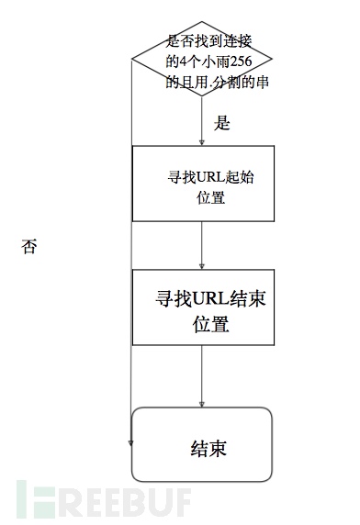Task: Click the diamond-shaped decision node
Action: click(201, 61)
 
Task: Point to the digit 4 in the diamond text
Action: click(184, 61)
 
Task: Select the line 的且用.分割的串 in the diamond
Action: click(216, 82)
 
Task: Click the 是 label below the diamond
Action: click(220, 122)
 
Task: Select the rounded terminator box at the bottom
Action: click(202, 444)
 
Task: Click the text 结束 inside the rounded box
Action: click(208, 449)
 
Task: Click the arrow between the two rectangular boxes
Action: click(202, 245)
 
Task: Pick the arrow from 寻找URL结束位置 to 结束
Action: click(202, 376)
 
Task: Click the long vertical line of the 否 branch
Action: click(131, 275)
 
